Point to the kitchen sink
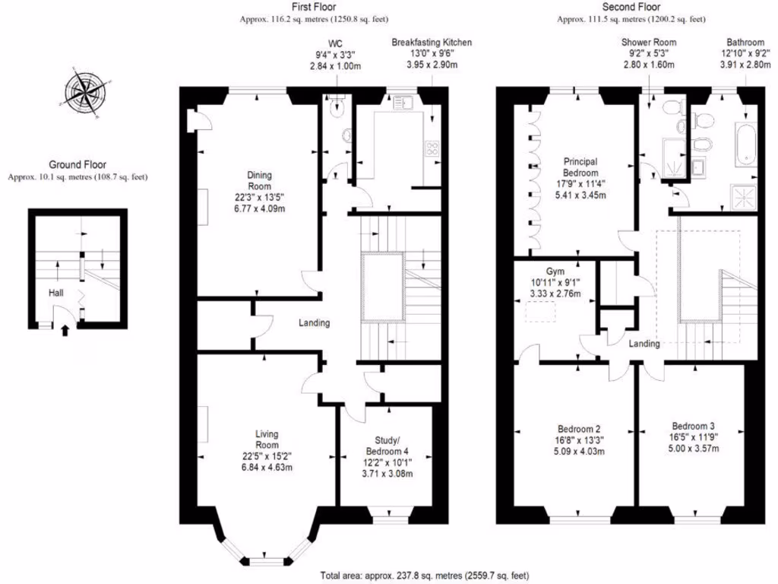pyautogui.click(x=403, y=102)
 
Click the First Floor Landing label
pyautogui.click(x=314, y=322)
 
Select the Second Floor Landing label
pyautogui.click(x=644, y=344)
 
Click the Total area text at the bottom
pyautogui.click(x=424, y=576)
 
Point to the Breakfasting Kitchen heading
pyautogui.click(x=432, y=43)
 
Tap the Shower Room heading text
pyautogui.click(x=648, y=43)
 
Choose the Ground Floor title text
pyautogui.click(x=77, y=164)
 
